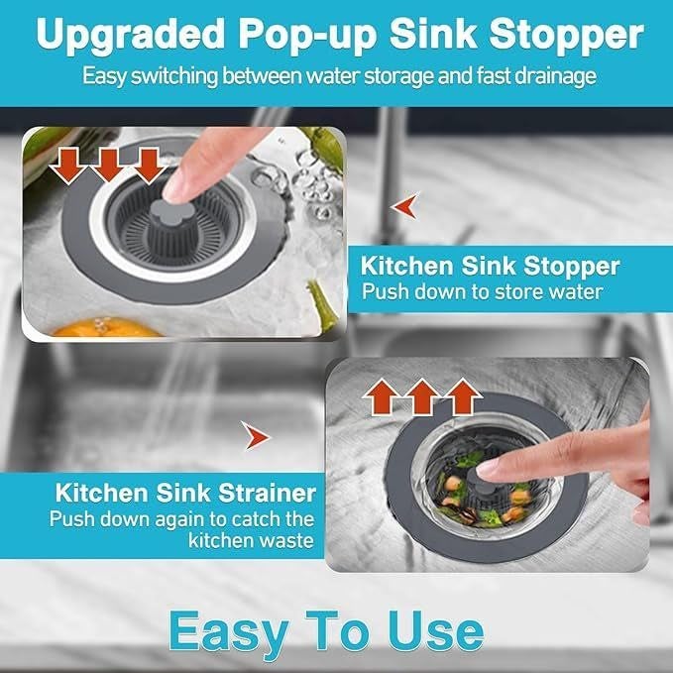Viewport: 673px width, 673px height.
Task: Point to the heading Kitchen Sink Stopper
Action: tap(490, 266)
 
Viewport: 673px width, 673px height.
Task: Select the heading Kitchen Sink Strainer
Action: tap(185, 493)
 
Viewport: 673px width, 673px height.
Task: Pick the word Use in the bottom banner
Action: tap(434, 629)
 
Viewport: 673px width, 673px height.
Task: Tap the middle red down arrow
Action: tap(107, 164)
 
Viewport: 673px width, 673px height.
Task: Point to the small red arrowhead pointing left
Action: tap(404, 207)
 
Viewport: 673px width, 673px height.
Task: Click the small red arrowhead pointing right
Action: tap(256, 433)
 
